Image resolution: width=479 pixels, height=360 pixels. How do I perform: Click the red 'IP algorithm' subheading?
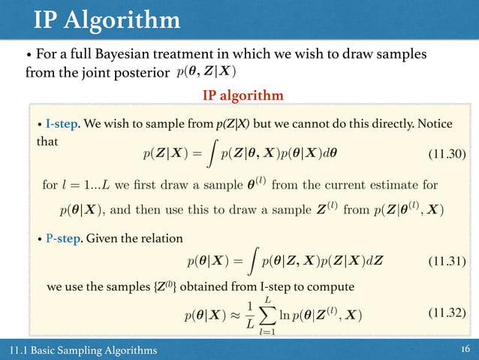click(243, 95)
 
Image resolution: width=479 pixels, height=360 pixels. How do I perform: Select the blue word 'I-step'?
click(61, 123)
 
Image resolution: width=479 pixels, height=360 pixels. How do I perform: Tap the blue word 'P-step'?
click(63, 239)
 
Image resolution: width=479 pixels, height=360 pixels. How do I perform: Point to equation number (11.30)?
click(446, 155)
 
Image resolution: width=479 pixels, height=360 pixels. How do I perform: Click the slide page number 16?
click(464, 350)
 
